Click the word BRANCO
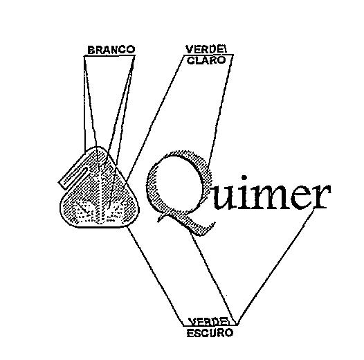point(111,50)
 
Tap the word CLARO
point(207,60)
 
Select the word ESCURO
point(210,333)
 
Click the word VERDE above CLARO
point(206,49)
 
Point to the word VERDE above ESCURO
point(209,321)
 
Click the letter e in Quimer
point(302,197)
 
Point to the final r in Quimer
point(321,195)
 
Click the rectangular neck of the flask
point(73,177)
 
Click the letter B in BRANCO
point(91,50)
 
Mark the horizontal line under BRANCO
point(109,55)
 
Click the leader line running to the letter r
point(275,266)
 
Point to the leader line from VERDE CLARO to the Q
point(219,111)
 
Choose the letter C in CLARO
point(191,61)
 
